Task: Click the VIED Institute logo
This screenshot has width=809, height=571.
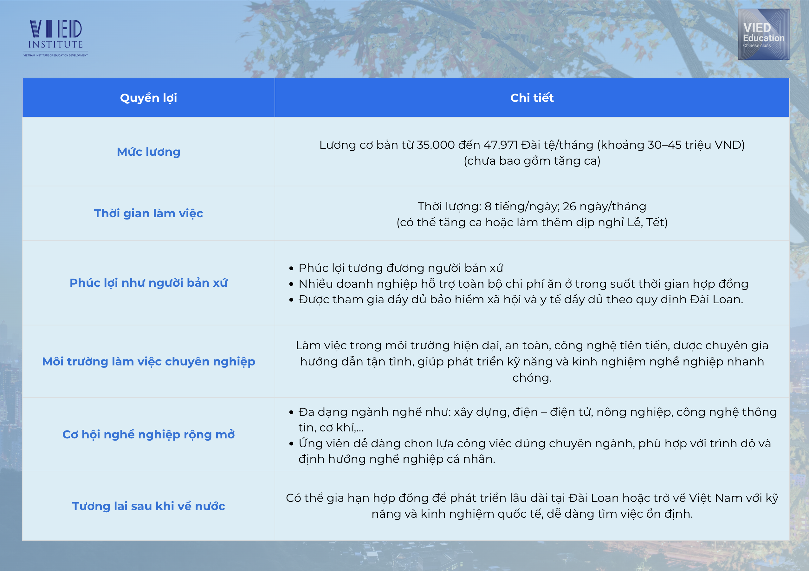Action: click(56, 38)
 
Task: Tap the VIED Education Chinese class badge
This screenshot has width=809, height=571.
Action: click(764, 34)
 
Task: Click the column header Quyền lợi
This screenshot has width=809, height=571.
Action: click(148, 98)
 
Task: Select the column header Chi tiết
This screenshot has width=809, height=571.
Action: click(532, 98)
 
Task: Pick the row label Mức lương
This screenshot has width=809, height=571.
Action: click(148, 152)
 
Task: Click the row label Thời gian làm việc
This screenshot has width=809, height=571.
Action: click(148, 213)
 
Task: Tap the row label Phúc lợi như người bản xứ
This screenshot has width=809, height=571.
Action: click(148, 283)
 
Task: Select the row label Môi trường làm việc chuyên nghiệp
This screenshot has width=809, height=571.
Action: click(148, 362)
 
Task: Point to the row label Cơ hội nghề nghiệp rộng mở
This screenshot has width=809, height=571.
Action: click(148, 435)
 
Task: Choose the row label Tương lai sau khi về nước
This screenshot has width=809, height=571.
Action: click(148, 506)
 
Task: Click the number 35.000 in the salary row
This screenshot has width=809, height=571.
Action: click(436, 145)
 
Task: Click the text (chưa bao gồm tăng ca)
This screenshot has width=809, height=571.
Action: click(532, 161)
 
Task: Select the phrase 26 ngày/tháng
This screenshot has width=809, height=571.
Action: click(604, 206)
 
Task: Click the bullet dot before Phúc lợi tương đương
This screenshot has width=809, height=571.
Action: click(291, 269)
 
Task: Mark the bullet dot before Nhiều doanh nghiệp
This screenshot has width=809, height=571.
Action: click(291, 284)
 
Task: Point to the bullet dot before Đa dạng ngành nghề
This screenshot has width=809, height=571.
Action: click(291, 412)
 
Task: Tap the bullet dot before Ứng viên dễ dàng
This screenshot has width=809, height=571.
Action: click(291, 444)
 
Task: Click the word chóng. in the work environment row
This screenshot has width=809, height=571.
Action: click(532, 378)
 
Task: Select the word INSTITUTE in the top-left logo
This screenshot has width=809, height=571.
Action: click(56, 44)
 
